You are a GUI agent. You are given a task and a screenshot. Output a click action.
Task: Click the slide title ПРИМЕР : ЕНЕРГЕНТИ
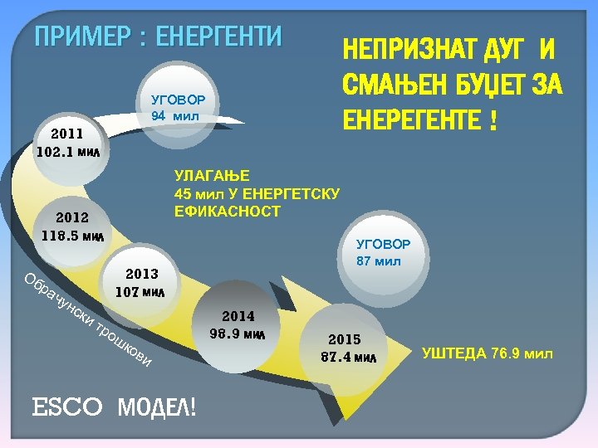pyautogui.click(x=158, y=37)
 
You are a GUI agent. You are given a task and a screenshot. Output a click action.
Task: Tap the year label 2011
pyautogui.click(x=66, y=134)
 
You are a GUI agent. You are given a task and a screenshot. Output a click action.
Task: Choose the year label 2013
pyautogui.click(x=141, y=274)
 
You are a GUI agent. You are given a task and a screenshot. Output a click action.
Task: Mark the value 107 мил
pyautogui.click(x=140, y=292)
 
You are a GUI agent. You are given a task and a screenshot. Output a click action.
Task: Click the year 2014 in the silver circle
pyautogui.click(x=238, y=316)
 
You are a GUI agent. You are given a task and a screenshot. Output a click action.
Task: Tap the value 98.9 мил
pyautogui.click(x=238, y=334)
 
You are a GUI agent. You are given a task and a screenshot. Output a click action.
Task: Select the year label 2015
pyautogui.click(x=344, y=339)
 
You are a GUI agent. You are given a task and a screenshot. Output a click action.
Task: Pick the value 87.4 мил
pyautogui.click(x=348, y=358)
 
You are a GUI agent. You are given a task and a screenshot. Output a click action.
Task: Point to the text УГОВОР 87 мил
pyautogui.click(x=383, y=253)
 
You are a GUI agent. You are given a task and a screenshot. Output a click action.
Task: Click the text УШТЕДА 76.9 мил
pyautogui.click(x=487, y=354)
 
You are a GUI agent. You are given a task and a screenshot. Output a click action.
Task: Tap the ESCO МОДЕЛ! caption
pyautogui.click(x=114, y=407)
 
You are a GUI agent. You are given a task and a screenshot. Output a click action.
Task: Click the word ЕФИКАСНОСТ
pyautogui.click(x=227, y=212)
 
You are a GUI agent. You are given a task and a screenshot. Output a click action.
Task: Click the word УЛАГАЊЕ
pyautogui.click(x=205, y=175)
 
